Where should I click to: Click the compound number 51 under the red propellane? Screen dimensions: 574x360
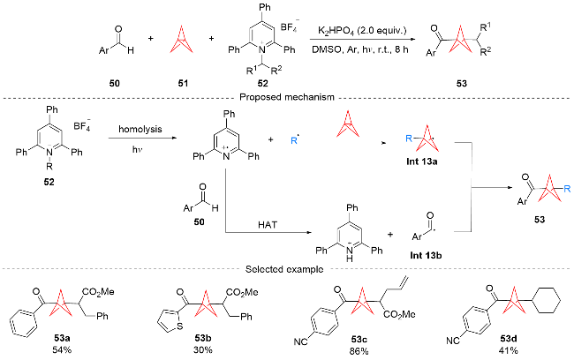(x=183, y=84)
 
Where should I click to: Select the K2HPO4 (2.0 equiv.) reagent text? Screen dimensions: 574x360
(x=362, y=30)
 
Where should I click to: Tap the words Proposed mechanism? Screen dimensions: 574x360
(x=287, y=97)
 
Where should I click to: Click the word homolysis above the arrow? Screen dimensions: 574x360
(x=140, y=129)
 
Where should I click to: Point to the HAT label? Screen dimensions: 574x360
(x=268, y=225)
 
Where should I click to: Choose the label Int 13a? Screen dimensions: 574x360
(x=421, y=161)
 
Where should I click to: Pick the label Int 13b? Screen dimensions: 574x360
(x=426, y=255)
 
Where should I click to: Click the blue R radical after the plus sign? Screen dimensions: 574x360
(x=295, y=140)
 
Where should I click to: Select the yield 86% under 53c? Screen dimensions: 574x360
(x=359, y=351)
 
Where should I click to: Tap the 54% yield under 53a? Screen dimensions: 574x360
(x=62, y=349)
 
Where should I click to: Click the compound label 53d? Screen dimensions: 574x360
(x=508, y=339)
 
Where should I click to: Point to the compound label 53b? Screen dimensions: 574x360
(x=203, y=338)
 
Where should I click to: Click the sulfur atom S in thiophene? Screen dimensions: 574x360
(x=180, y=326)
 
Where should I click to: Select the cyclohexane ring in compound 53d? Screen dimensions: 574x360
(x=548, y=300)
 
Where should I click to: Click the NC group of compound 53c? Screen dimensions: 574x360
(x=300, y=341)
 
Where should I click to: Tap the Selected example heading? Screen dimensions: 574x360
(x=284, y=270)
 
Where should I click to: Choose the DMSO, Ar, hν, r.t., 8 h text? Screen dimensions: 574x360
(x=359, y=49)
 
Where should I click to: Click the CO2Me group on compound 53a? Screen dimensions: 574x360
(x=98, y=291)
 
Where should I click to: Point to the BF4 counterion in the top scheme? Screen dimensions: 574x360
(x=290, y=26)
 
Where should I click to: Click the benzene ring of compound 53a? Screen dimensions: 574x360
(x=23, y=325)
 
